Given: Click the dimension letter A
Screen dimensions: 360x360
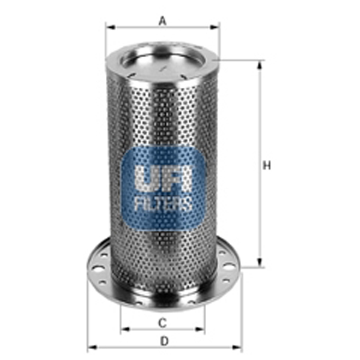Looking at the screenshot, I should click(x=162, y=21).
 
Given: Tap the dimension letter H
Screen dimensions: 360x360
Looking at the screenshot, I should click(x=267, y=165).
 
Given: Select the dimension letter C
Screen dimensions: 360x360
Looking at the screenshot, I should click(x=162, y=323).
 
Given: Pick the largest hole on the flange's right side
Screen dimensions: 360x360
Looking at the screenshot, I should click(x=230, y=266).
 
